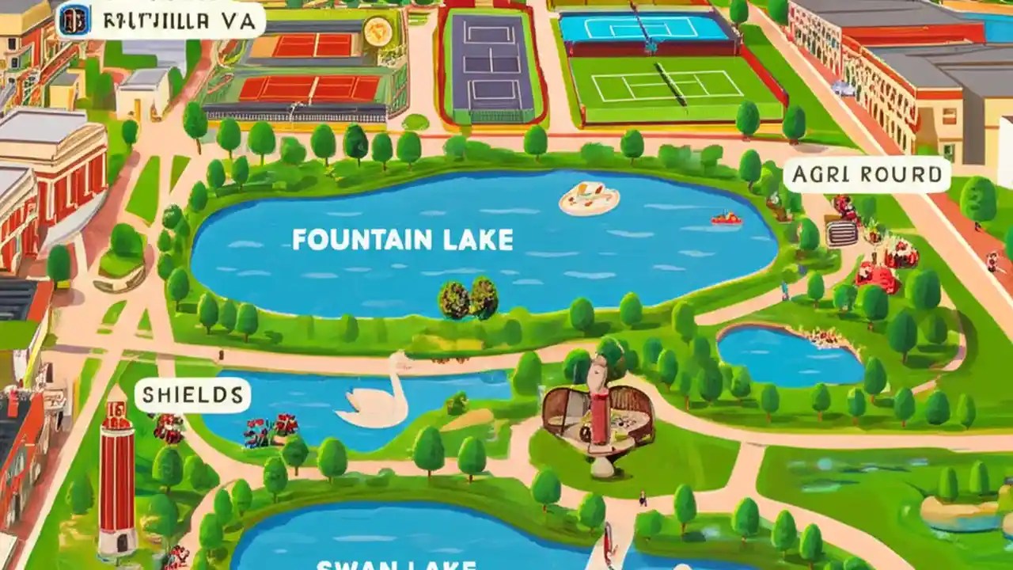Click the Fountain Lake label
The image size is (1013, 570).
point(402,239)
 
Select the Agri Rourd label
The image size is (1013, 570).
point(867,175)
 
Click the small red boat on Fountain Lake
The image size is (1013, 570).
point(726,218)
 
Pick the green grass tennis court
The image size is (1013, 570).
point(673,88)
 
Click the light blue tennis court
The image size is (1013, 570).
point(643,28)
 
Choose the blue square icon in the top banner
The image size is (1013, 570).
point(73,20)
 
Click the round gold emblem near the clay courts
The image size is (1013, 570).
point(377,31)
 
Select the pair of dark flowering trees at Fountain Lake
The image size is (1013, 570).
point(469,299)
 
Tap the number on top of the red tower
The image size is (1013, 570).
point(115,410)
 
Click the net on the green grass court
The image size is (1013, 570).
point(670,84)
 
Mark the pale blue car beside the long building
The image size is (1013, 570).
point(843,88)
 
